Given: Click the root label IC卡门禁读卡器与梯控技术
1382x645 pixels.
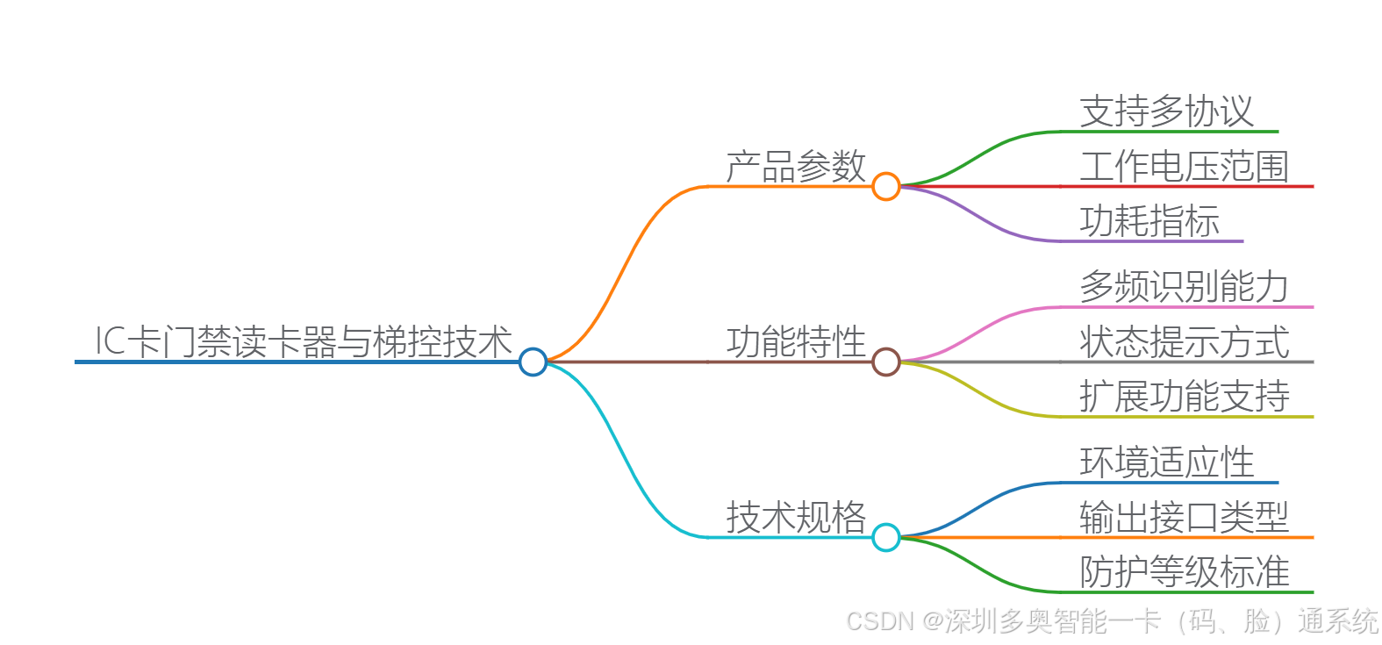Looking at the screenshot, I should pyautogui.click(x=303, y=341).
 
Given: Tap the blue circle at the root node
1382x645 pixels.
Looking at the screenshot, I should pyautogui.click(x=533, y=362).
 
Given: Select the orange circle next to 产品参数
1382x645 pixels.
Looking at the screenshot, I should pyautogui.click(x=886, y=186).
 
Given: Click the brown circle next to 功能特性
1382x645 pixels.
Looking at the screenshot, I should pyautogui.click(x=886, y=362).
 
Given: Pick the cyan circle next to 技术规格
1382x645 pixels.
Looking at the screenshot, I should pyautogui.click(x=886, y=537).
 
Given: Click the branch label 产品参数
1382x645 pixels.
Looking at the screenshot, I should pyautogui.click(x=796, y=166).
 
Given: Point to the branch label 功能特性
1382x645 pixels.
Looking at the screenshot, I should pyautogui.click(x=796, y=341).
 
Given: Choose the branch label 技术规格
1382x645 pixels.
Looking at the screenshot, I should pyautogui.click(x=796, y=517).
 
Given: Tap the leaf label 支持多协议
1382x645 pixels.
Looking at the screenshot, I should pyautogui.click(x=1166, y=111).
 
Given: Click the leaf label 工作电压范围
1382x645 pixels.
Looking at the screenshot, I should pyautogui.click(x=1184, y=166).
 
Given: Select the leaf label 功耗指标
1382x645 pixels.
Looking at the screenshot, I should pyautogui.click(x=1149, y=220).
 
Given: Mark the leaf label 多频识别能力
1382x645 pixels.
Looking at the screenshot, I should pyautogui.click(x=1184, y=287).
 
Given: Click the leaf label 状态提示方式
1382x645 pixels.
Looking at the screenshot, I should pyautogui.click(x=1184, y=341).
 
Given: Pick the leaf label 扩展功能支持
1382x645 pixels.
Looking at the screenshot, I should pyautogui.click(x=1184, y=396).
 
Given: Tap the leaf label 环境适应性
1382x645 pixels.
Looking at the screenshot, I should pyautogui.click(x=1166, y=462).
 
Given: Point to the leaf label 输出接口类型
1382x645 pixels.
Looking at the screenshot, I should pyautogui.click(x=1184, y=517).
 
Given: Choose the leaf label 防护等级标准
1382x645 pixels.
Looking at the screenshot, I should pyautogui.click(x=1184, y=571).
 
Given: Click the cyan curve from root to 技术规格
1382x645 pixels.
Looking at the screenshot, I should pyautogui.click(x=625, y=460).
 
